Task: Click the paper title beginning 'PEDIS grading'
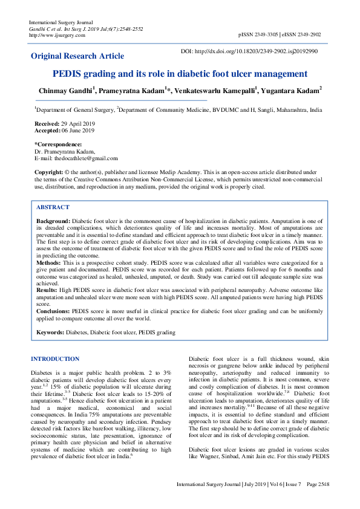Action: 180,74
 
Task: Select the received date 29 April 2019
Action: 74,123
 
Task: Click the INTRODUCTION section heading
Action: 55,358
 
